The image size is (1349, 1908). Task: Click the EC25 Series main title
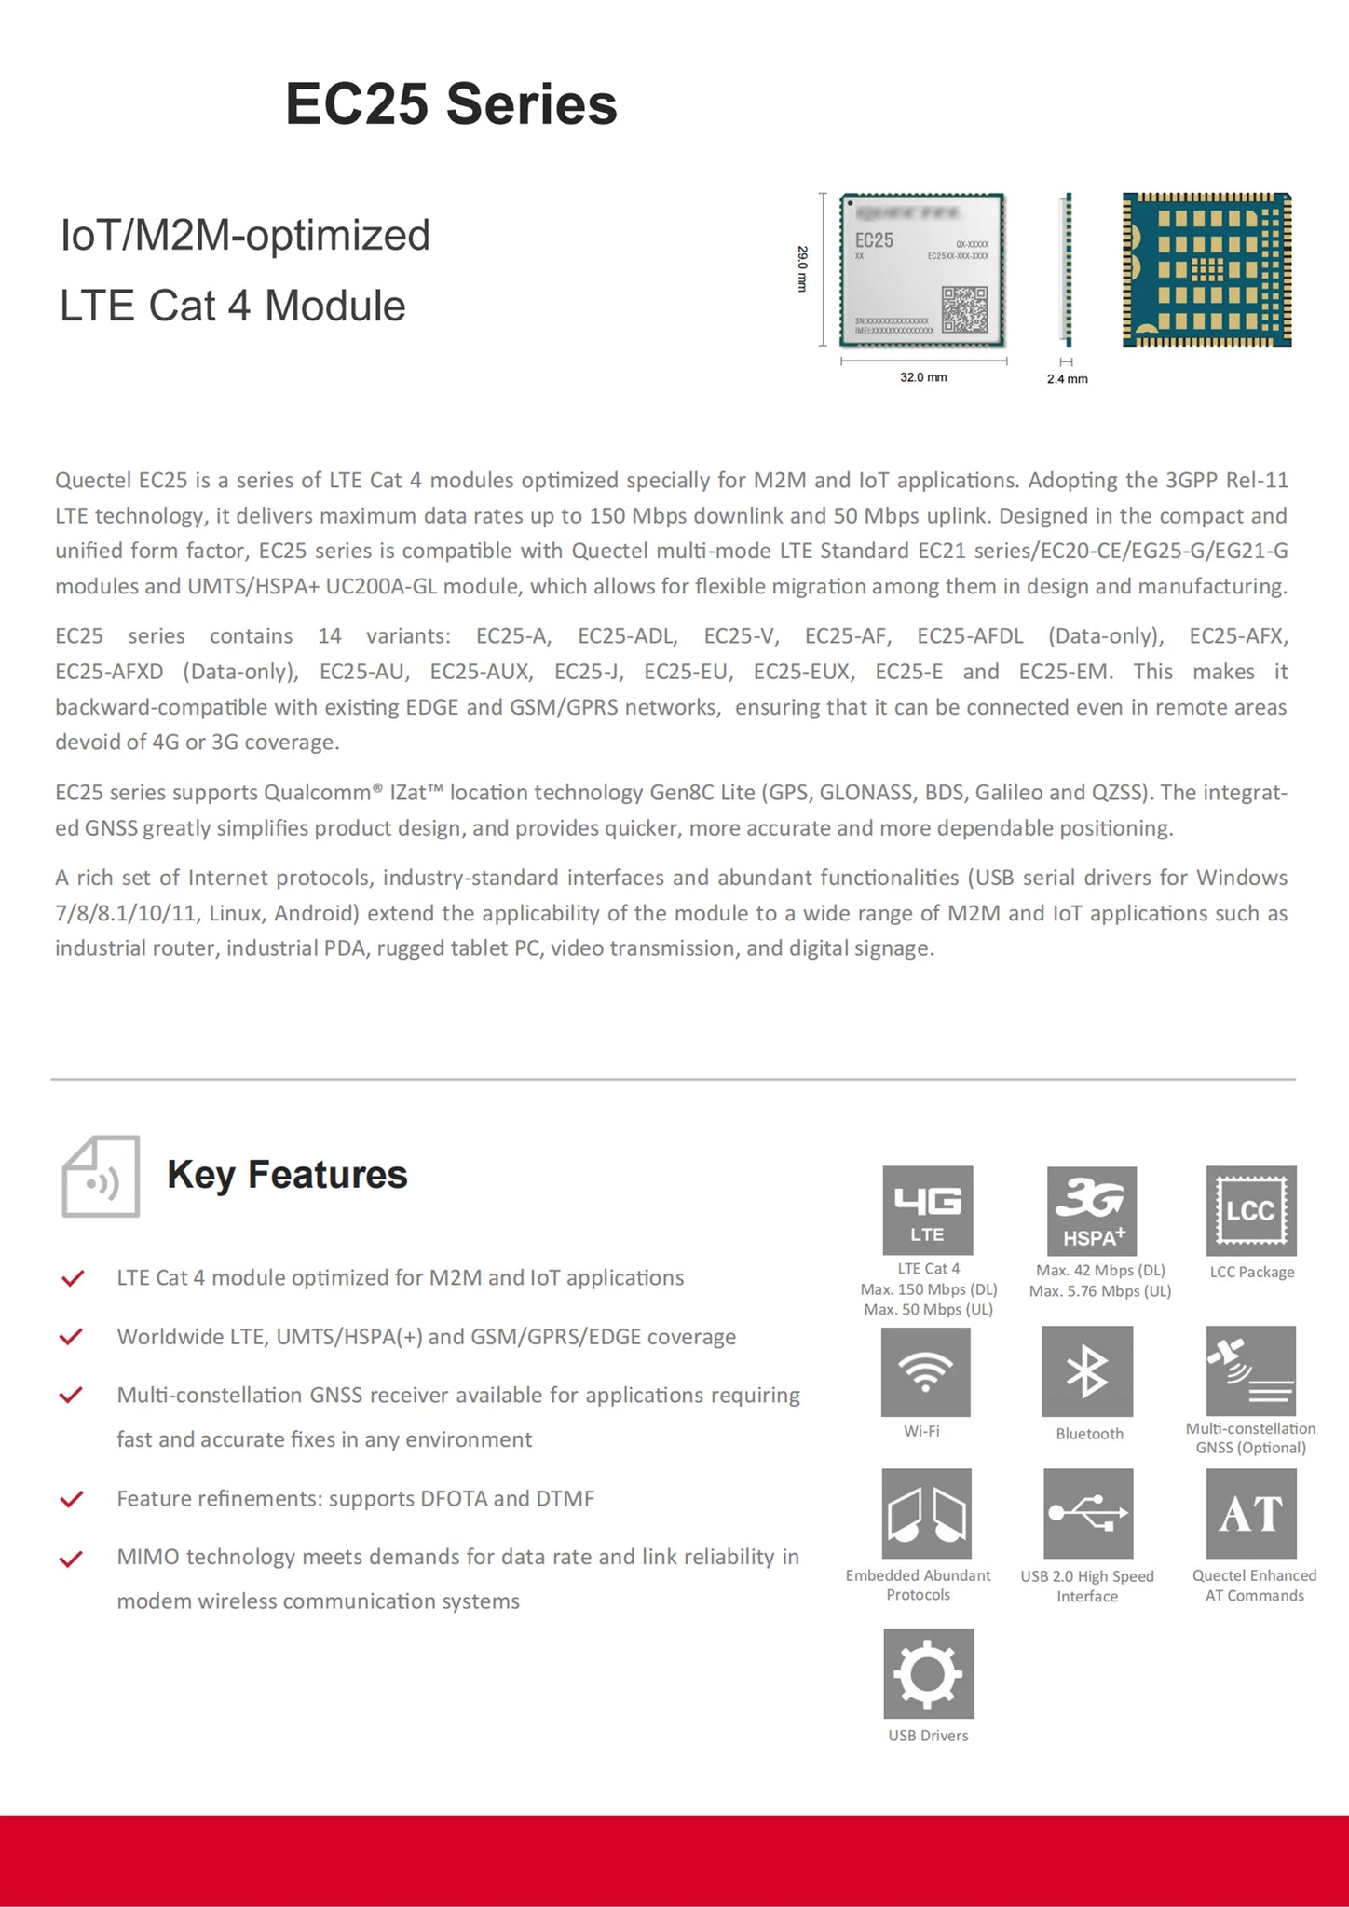tap(451, 103)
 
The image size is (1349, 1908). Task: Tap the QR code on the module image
tap(964, 309)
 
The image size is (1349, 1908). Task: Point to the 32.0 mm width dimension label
tap(923, 377)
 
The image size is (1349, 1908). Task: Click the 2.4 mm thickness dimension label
tap(1067, 379)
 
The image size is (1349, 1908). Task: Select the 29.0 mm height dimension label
tap(802, 269)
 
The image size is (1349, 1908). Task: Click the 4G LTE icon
tap(928, 1210)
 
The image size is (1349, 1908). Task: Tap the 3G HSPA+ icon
tap(1092, 1210)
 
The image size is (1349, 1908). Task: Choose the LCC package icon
tap(1251, 1210)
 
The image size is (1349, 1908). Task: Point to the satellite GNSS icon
tap(1251, 1371)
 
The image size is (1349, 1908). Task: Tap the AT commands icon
tap(1251, 1514)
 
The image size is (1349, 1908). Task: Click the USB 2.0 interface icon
tap(1088, 1514)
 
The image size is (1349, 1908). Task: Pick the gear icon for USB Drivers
tap(929, 1673)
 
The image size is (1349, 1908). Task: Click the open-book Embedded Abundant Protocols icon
tap(926, 1514)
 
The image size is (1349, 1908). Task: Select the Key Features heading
tap(287, 1175)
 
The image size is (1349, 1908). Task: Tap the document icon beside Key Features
tap(101, 1176)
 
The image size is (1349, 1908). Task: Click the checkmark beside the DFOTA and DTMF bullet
tap(72, 1499)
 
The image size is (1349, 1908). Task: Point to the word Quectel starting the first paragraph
tap(93, 481)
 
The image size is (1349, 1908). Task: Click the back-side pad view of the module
tap(1206, 269)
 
